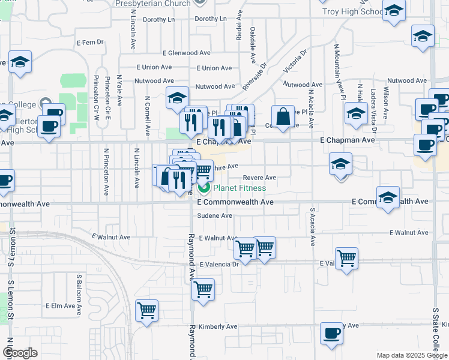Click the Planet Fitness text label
click(x=240, y=188)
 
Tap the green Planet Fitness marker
click(x=203, y=188)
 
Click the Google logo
click(x=20, y=353)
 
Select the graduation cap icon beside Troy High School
click(x=394, y=11)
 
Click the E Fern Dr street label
click(x=91, y=43)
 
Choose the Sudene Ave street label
click(x=214, y=215)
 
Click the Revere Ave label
click(x=259, y=178)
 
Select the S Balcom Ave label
click(x=79, y=295)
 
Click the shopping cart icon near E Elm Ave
click(x=146, y=310)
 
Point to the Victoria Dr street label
click(x=298, y=61)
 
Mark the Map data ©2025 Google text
click(x=411, y=355)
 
